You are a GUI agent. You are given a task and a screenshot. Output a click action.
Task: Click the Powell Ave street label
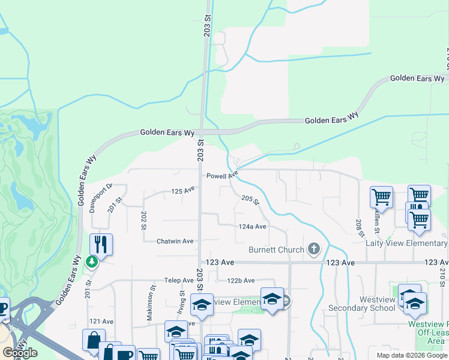click(222, 176)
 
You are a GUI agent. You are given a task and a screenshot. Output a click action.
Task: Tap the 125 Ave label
click(183, 191)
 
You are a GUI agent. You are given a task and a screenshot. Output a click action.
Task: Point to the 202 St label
click(143, 220)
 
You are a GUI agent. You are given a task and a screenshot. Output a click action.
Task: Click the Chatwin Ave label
click(175, 241)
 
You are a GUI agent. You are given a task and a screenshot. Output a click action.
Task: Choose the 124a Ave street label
click(252, 227)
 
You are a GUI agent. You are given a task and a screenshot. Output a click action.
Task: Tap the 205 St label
click(250, 200)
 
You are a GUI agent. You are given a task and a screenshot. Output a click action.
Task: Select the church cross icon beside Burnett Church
click(313, 248)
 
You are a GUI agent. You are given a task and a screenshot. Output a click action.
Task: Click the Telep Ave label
click(179, 280)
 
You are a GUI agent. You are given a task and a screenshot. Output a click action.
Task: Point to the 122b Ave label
click(241, 280)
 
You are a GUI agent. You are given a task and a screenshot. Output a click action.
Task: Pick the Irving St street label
click(181, 301)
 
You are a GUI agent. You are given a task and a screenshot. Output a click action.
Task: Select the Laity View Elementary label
click(406, 243)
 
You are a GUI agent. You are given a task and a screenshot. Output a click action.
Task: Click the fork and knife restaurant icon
click(101, 244)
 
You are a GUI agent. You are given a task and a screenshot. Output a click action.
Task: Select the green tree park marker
click(91, 262)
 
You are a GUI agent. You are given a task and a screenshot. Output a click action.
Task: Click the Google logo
click(20, 353)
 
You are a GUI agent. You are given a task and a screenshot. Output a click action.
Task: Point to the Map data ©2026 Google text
click(412, 355)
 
